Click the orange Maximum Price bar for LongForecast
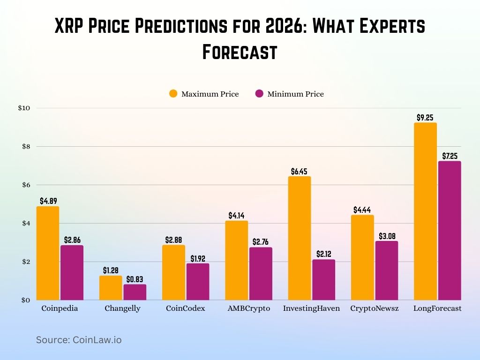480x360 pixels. [x=425, y=211]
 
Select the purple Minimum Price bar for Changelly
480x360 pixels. [x=135, y=292]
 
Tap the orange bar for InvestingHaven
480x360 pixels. [x=299, y=238]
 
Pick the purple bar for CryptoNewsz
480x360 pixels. [x=387, y=270]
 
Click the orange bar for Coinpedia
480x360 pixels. [x=48, y=253]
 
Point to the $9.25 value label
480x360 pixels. [x=425, y=118]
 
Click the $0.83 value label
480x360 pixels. [x=135, y=279]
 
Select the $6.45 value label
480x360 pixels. [x=299, y=172]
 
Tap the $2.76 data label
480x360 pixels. [x=261, y=242]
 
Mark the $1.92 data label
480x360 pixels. [x=198, y=259]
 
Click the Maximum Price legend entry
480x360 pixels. [x=204, y=94]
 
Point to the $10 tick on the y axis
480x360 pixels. [x=24, y=108]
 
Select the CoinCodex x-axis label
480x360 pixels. [x=185, y=308]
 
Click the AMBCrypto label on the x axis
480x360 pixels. [x=248, y=308]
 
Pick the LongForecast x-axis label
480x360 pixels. [x=437, y=308]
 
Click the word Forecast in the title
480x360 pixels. [x=240, y=52]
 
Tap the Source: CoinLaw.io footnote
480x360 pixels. [x=79, y=340]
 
